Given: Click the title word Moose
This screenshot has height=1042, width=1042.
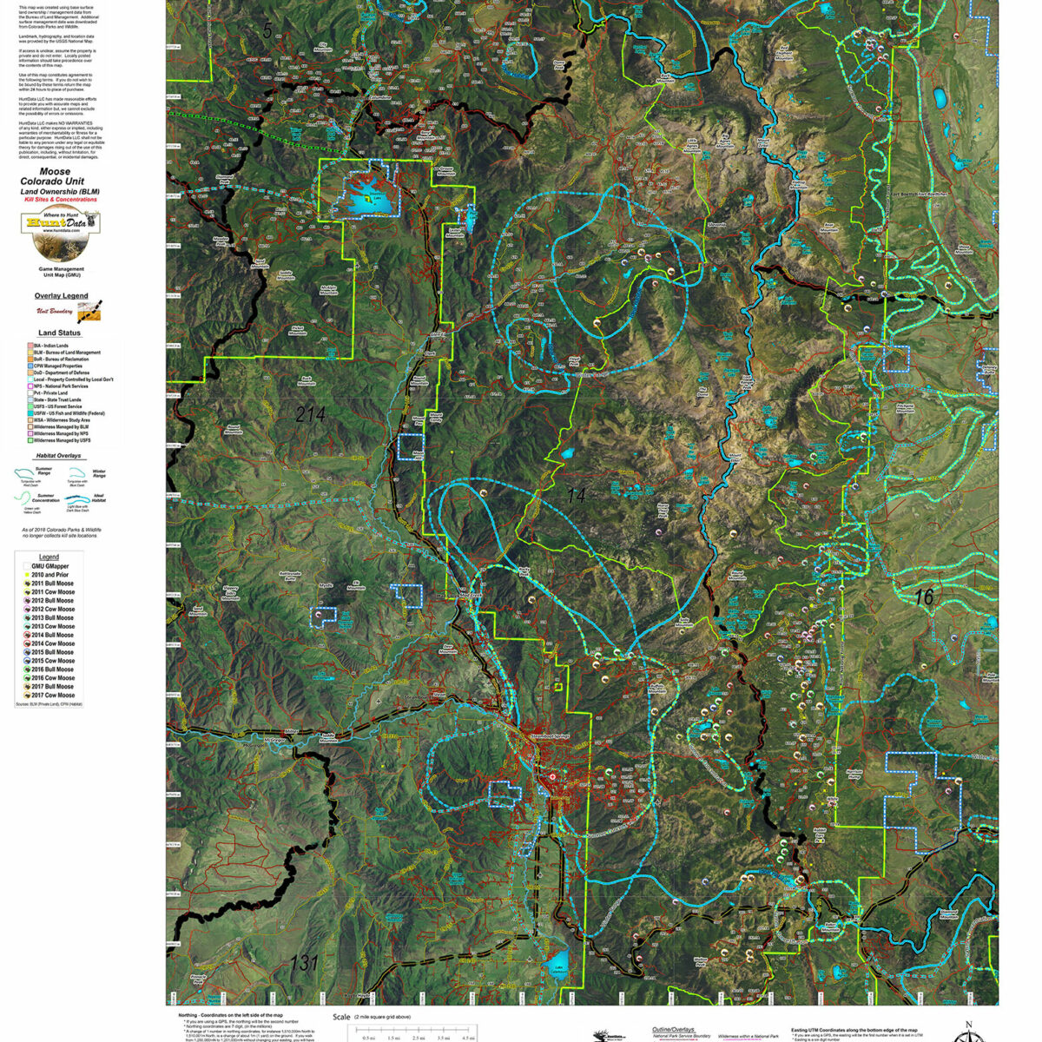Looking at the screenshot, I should (x=56, y=172).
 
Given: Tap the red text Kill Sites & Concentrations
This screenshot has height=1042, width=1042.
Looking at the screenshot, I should (x=59, y=199).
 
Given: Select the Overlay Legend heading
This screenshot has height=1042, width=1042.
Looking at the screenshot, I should (x=60, y=296).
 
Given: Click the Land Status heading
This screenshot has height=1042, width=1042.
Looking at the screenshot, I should (x=59, y=333).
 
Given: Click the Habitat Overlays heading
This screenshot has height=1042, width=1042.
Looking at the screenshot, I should (x=59, y=455).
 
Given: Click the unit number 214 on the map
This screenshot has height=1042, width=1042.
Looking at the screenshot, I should (x=310, y=415).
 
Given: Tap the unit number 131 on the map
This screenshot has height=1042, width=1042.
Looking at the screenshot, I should (x=303, y=963).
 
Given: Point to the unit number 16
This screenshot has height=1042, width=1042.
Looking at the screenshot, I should (x=923, y=597).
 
